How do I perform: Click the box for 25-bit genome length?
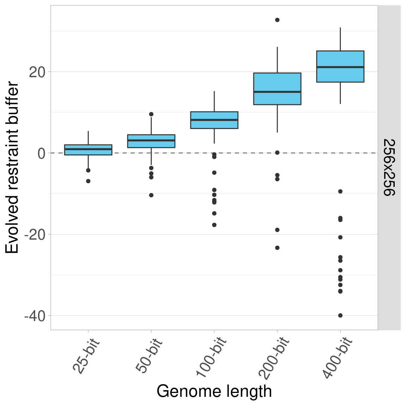coord(88,150)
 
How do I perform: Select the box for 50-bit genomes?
coord(151,141)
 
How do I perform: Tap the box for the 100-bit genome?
coord(214,120)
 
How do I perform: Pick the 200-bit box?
coord(277,89)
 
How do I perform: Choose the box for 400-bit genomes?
coord(340,67)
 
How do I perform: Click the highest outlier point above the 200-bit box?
coord(277,20)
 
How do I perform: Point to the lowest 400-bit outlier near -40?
coord(340,315)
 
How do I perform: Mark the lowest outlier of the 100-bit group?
coord(214,225)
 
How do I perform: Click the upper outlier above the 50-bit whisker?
coord(151,114)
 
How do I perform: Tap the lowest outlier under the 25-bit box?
coord(88,181)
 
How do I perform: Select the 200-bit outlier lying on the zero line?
coord(277,153)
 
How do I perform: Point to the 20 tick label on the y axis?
coord(37,72)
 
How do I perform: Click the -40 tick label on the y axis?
coord(35,316)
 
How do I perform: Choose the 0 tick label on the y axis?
coord(42,153)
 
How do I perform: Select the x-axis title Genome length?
coord(214,391)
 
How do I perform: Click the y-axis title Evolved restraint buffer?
coord(13,168)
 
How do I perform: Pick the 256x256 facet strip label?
coord(389,168)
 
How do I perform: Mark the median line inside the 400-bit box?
coord(340,67)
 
